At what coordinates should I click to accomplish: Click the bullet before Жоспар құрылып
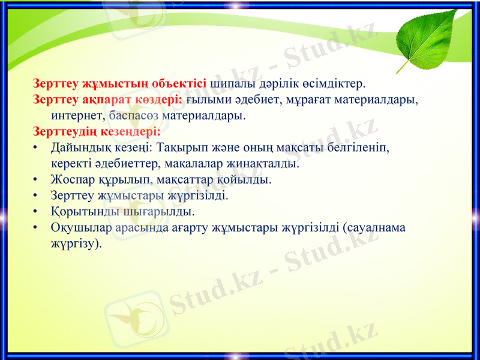tap(37, 179)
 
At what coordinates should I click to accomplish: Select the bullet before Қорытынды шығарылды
tap(37, 212)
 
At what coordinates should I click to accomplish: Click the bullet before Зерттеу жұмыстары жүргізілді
tap(37, 196)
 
